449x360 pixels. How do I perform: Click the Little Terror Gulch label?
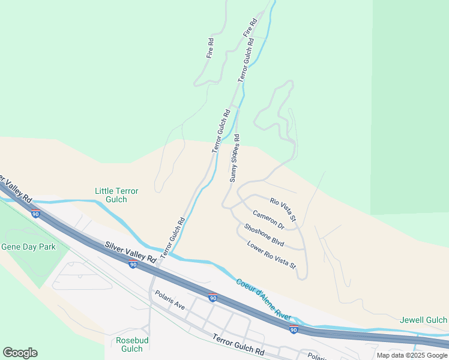[x=116, y=195]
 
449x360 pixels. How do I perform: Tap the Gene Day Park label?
[x=28, y=247]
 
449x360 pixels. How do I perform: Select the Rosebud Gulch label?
[x=129, y=344]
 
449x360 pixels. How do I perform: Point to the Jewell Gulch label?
[x=423, y=320]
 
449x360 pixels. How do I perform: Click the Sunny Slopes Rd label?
[x=235, y=163]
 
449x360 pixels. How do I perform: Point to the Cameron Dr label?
[x=268, y=219]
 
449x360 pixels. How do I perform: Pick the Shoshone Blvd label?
[x=264, y=236]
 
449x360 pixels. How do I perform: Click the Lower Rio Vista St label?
[x=271, y=254]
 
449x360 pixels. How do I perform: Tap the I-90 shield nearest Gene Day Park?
[x=36, y=214]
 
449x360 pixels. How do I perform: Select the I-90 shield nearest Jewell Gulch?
[x=293, y=330]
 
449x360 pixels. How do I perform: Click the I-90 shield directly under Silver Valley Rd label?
[x=133, y=264]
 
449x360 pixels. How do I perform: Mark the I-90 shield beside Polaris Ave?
[x=212, y=298]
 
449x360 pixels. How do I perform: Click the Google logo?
[x=20, y=353]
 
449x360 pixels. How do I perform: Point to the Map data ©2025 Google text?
[x=411, y=355]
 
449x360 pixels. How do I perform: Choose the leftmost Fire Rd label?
[x=210, y=48]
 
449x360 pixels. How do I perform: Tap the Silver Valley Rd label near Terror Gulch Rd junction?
[x=130, y=252]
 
